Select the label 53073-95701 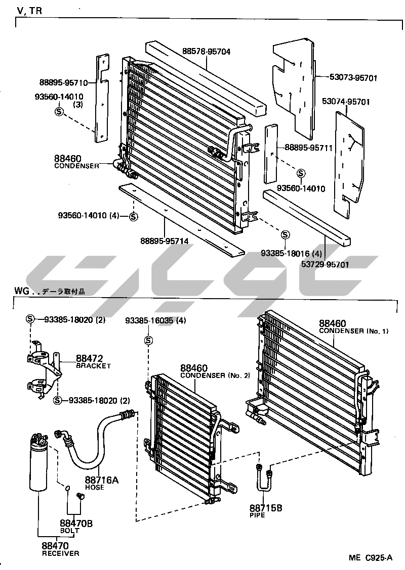(353, 78)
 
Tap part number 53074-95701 (346, 102)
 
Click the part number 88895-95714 (165, 241)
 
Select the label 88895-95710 (63, 83)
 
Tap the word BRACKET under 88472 (93, 366)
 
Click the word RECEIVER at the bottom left (60, 553)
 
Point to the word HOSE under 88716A (94, 487)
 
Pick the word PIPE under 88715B (257, 515)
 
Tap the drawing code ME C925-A (370, 558)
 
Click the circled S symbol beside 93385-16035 (148, 340)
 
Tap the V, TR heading (29, 11)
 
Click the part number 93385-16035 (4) (156, 320)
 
